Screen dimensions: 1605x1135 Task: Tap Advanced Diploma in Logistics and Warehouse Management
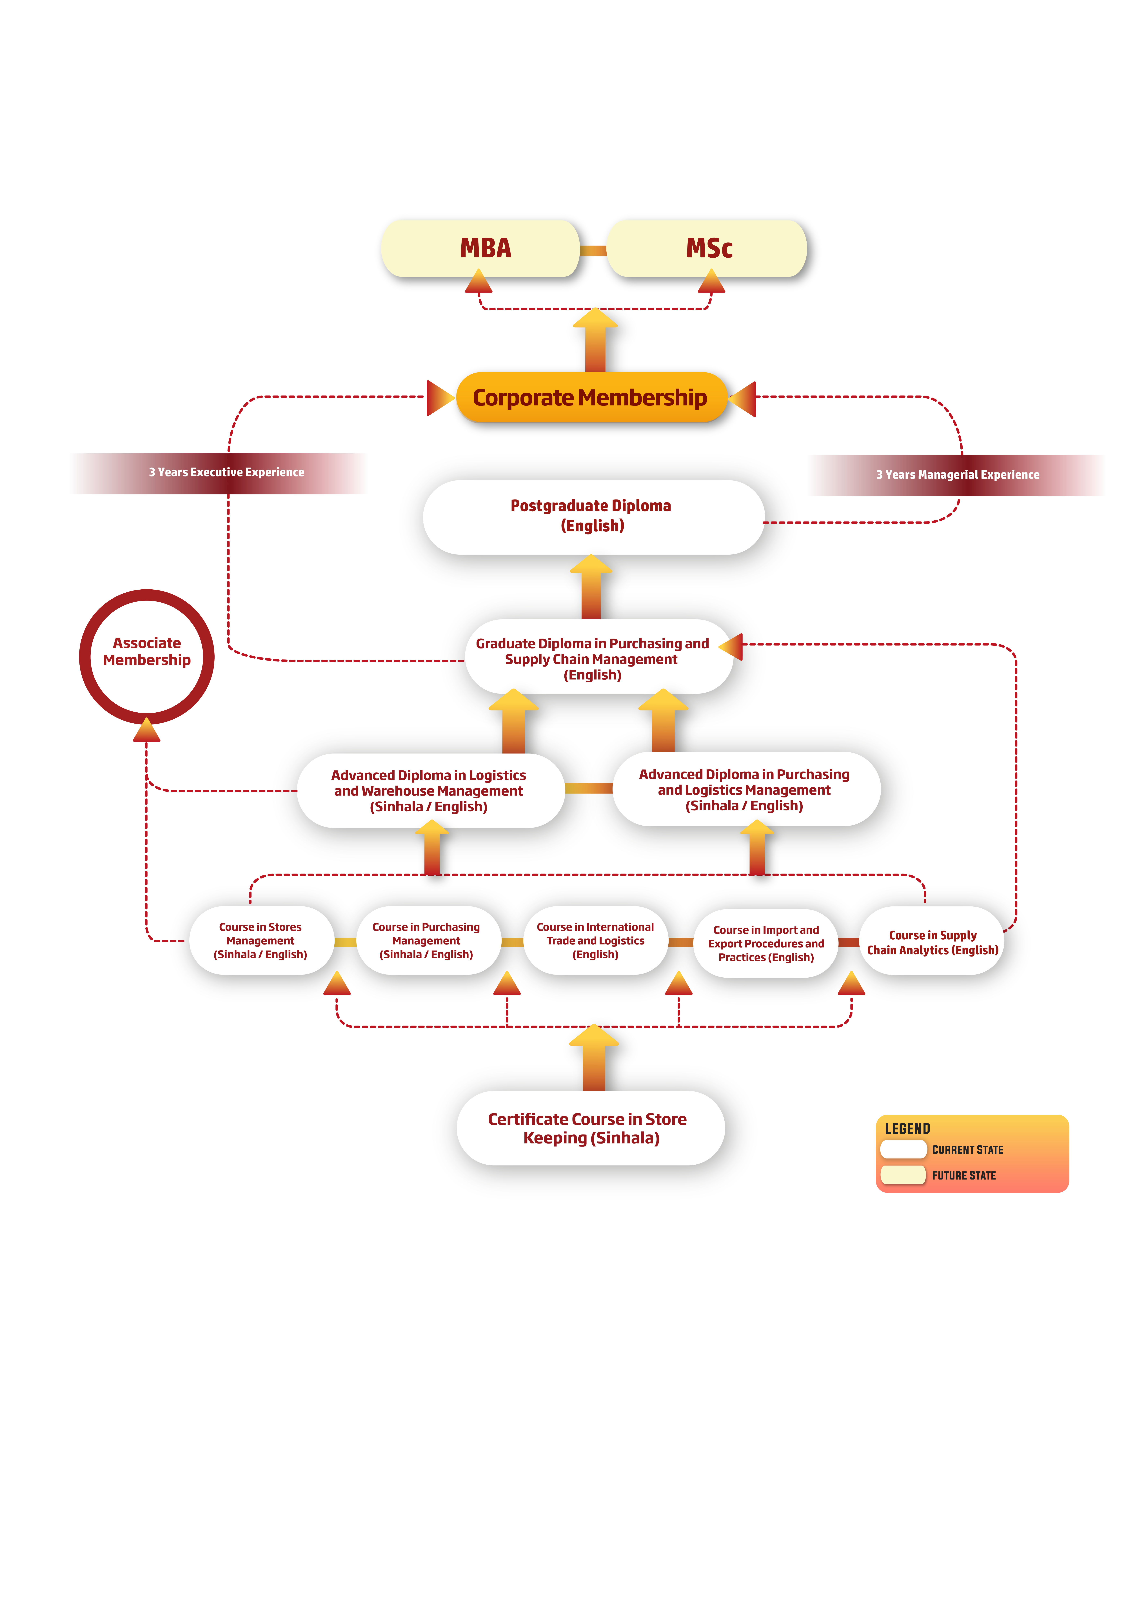tap(429, 791)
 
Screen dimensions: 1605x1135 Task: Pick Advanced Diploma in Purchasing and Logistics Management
tap(745, 789)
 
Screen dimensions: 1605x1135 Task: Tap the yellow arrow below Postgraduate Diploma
tap(591, 586)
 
